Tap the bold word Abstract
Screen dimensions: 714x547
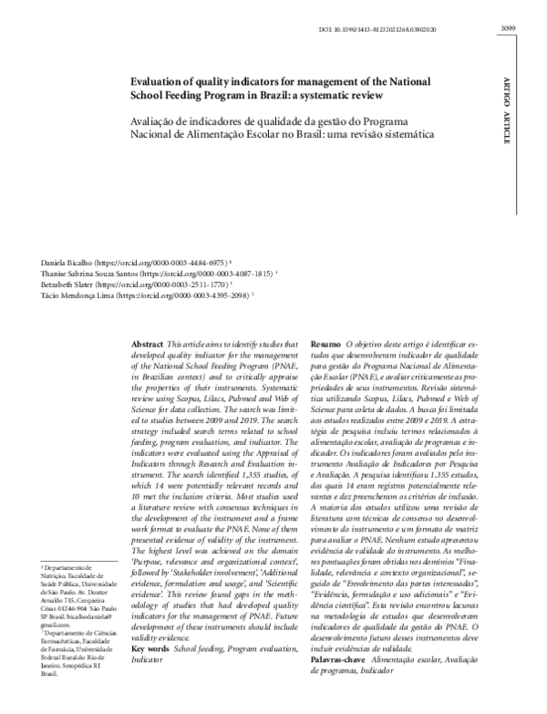[150, 336]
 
